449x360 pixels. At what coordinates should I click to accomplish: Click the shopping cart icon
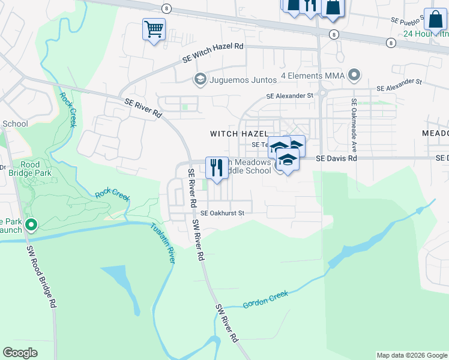click(154, 28)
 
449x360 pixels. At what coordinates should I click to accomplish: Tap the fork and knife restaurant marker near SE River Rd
click(216, 167)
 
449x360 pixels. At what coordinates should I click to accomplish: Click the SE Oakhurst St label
click(223, 213)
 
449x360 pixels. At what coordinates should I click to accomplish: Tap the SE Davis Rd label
click(336, 158)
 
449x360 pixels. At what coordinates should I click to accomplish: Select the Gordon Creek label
click(265, 299)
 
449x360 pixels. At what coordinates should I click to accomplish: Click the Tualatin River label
click(163, 244)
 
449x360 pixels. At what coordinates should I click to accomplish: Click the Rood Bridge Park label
click(30, 169)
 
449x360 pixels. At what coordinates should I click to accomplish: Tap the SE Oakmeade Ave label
click(354, 124)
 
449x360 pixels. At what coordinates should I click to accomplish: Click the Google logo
click(20, 353)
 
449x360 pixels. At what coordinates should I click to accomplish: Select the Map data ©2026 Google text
click(411, 355)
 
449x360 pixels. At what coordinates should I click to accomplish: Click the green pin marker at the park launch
click(31, 226)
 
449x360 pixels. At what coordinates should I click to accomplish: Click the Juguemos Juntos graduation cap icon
click(200, 79)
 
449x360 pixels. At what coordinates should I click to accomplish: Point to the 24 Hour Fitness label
click(426, 34)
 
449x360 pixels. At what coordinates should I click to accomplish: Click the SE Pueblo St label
click(408, 20)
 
